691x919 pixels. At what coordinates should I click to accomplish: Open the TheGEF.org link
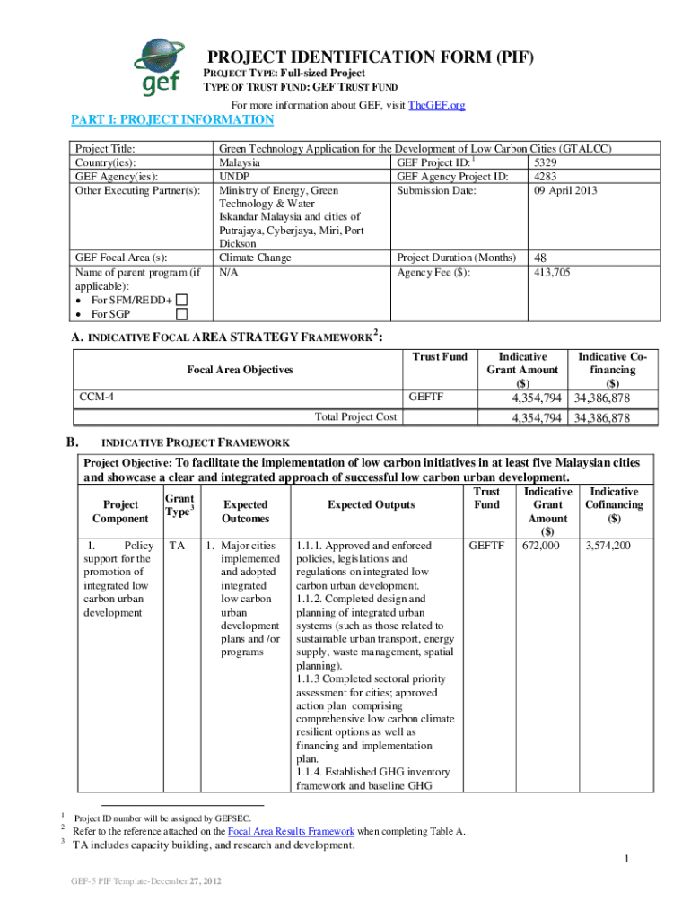[436, 106]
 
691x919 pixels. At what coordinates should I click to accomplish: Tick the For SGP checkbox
[182, 314]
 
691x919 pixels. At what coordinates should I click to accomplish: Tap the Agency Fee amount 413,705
[553, 272]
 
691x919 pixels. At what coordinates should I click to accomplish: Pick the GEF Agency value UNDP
[234, 177]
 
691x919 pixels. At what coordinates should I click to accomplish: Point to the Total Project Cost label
[356, 416]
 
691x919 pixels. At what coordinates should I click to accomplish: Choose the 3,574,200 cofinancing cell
[608, 546]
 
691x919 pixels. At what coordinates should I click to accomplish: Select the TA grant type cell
[177, 546]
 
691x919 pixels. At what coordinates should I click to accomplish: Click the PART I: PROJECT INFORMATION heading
[172, 120]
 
